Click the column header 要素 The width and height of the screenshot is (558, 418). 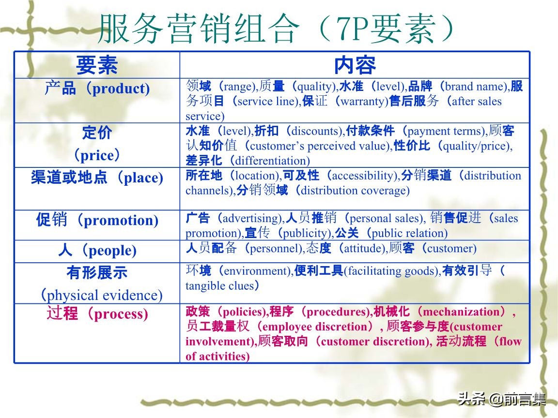[97, 65]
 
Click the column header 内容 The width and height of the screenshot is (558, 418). [355, 65]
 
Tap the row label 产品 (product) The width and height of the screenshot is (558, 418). [97, 89]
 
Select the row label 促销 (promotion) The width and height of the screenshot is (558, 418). [97, 221]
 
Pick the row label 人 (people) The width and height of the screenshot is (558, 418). [97, 251]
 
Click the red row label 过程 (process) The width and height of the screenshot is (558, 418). [97, 314]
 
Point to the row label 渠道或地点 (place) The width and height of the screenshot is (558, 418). [97, 178]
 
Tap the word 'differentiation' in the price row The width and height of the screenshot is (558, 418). [272, 161]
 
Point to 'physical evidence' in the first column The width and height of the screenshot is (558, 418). [103, 295]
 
